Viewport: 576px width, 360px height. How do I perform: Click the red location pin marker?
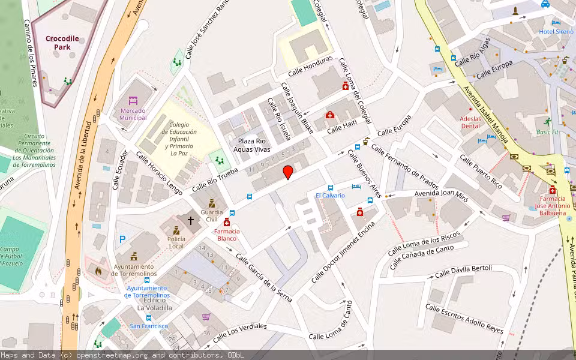point(288,172)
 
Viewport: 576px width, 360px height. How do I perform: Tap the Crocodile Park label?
point(62,43)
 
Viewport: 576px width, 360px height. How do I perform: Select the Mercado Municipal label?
point(133,114)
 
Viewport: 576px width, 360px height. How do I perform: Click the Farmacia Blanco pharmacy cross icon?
point(226,223)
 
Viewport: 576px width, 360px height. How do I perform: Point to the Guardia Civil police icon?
point(211,203)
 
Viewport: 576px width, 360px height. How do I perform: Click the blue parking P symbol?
point(122,239)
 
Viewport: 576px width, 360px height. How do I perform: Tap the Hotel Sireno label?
point(556,31)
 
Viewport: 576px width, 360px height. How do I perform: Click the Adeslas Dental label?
point(470,122)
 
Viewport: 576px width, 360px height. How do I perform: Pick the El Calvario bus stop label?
point(330,196)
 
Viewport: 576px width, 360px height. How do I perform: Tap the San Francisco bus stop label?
point(149,326)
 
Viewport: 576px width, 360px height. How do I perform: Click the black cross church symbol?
point(191,220)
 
